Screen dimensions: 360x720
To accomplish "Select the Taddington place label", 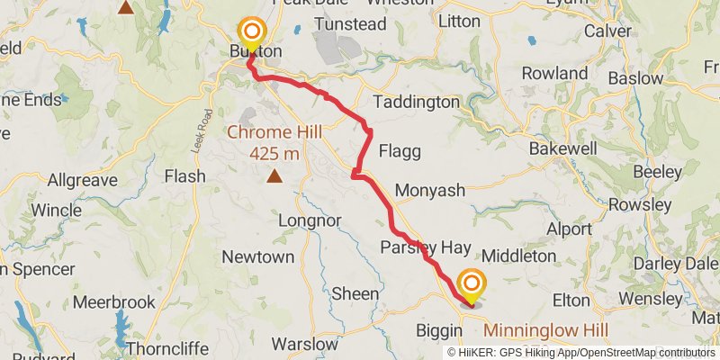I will coord(415,103).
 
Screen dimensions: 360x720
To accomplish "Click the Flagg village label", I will coord(400,151).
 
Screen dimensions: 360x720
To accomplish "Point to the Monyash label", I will coord(429,191).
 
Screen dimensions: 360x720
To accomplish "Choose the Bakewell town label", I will coord(562,147).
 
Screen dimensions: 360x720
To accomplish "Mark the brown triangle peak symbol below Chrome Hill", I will coord(274,176).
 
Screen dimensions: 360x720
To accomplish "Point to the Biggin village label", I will coord(439,330).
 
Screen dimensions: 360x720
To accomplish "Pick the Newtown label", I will coord(257,257).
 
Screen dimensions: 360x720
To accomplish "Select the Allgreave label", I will coord(82,181).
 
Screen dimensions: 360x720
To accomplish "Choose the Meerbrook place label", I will coord(114,303).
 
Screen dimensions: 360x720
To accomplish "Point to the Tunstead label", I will coord(325,24).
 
